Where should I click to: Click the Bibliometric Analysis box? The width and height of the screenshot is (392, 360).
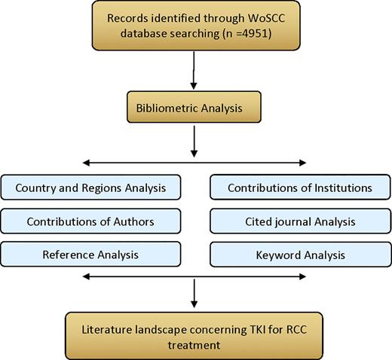point(195,109)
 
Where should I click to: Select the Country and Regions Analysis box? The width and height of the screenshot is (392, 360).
point(90,188)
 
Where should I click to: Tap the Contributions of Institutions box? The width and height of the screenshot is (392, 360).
point(299,188)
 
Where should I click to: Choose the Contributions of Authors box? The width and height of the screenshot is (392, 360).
point(90,221)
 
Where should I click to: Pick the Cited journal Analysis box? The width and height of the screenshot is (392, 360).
point(299,221)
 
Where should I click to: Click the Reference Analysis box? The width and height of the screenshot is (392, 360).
point(90,255)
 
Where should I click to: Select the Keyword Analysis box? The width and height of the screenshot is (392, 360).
point(299,255)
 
